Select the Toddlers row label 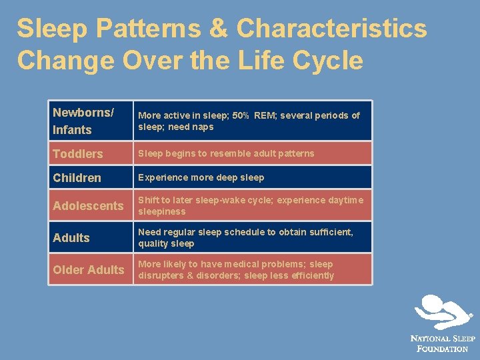78,154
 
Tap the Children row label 77,178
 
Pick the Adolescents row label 88,206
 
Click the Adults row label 71,238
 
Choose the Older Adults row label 89,270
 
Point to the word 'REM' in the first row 265,115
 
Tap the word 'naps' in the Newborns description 203,127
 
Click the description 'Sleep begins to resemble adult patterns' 226,153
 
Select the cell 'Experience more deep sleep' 201,177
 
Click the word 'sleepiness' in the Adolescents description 162,211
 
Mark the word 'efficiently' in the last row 310,275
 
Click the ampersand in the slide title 219,29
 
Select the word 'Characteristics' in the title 331,29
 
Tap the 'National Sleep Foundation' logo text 443,343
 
